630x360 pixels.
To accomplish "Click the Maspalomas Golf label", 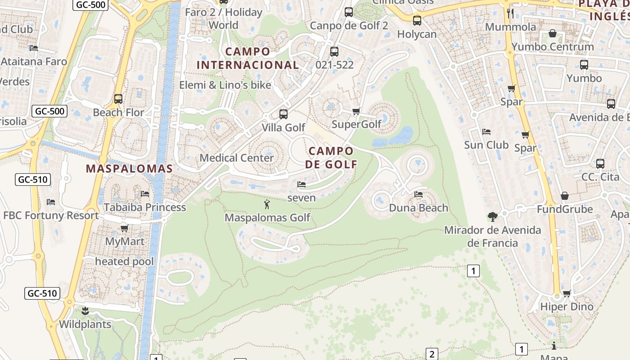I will (268, 218).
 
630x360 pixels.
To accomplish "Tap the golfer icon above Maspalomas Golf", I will (267, 205).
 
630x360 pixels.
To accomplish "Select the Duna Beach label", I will (418, 208).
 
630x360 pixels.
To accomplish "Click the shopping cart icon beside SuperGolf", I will (356, 111).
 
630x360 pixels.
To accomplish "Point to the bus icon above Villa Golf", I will (283, 114).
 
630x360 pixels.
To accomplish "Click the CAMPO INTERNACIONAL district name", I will (247, 58).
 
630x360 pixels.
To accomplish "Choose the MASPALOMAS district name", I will (129, 169).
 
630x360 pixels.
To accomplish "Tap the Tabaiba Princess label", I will (145, 207).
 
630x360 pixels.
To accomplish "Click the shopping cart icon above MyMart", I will (125, 228).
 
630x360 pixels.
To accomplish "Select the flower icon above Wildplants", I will (85, 310).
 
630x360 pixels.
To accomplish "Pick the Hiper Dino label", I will (567, 307).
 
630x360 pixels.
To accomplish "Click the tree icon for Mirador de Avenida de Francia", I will (493, 217).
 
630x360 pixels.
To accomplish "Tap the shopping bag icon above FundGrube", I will (564, 196).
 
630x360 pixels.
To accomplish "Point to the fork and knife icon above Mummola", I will (510, 13).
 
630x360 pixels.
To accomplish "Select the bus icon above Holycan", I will (417, 20).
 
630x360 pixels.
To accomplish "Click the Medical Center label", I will (237, 158).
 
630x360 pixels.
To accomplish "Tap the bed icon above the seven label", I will (301, 184).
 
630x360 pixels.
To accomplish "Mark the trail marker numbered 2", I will (432, 354).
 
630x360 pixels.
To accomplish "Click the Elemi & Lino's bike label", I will (225, 85).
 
